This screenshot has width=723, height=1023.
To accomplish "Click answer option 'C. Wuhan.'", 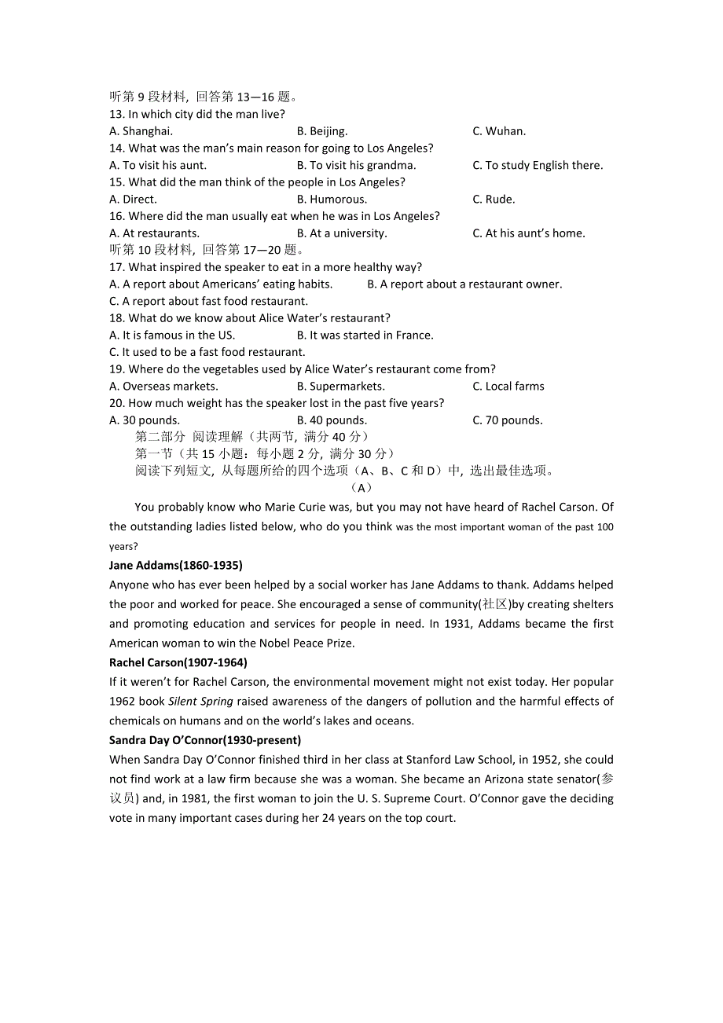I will (x=499, y=131).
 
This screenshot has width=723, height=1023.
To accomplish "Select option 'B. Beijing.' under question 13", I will (x=322, y=131).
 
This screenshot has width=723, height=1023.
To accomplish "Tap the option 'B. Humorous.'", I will (x=332, y=200).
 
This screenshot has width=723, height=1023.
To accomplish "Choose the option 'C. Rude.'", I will (x=494, y=200).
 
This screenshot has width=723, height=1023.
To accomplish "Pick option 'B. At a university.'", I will (x=342, y=233).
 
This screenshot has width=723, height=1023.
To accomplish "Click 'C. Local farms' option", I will (x=508, y=387).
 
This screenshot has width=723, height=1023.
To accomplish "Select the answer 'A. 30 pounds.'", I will (x=145, y=420).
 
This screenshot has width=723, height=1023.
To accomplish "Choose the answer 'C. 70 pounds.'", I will (x=507, y=420).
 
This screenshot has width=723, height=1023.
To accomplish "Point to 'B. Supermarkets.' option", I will (x=341, y=387).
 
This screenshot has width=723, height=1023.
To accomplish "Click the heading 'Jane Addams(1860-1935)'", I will (x=176, y=566).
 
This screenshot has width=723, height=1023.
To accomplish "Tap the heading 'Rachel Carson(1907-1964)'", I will (x=178, y=662).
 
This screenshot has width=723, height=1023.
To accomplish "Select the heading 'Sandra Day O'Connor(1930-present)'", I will (x=205, y=740).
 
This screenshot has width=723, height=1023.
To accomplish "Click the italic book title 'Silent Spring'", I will (x=200, y=702).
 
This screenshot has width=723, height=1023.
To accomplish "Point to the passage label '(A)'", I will (x=361, y=488).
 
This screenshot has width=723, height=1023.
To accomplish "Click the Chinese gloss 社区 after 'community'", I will (x=495, y=604).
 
